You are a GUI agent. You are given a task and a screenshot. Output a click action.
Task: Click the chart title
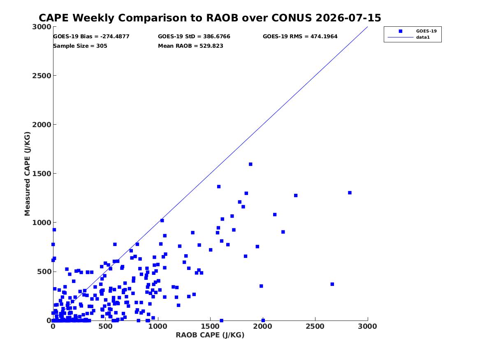[210, 18]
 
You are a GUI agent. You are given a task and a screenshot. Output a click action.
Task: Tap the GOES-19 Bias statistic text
[91, 37]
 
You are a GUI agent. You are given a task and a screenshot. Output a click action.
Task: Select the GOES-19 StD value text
[194, 37]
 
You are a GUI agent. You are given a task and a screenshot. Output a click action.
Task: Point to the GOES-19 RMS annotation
[300, 37]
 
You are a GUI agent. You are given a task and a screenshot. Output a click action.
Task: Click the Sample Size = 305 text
[80, 46]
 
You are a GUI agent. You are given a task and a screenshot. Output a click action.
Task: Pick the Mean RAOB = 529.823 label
[190, 46]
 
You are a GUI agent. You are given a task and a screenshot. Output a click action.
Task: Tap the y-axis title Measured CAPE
[27, 174]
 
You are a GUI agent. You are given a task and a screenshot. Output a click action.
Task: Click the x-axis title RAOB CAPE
[210, 335]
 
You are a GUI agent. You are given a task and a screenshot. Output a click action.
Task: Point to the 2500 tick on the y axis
[42, 76]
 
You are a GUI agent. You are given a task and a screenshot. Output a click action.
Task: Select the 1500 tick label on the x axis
[210, 326]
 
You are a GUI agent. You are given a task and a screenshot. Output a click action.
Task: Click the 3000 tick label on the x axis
[367, 326]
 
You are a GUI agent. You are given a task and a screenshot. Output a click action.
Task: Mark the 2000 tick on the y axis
[42, 125]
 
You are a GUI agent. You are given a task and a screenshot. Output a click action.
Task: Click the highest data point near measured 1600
[250, 165]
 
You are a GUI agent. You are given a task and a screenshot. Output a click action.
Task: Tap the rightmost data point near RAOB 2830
[350, 193]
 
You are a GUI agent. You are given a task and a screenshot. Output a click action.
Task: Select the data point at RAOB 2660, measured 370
[332, 284]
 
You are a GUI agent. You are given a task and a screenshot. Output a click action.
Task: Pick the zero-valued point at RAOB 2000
[263, 321]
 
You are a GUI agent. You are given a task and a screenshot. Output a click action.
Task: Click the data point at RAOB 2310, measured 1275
[296, 195]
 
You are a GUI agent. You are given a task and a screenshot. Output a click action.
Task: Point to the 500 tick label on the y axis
[44, 272]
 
